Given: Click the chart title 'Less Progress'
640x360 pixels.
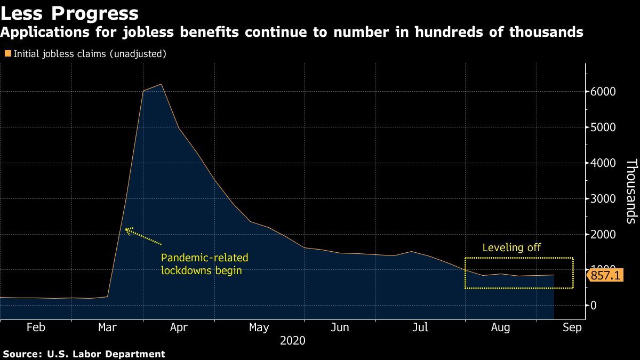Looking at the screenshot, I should click(69, 13).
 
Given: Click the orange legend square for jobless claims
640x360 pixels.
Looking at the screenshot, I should click(7, 53).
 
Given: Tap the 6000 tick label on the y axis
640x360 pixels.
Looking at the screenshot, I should click(603, 92).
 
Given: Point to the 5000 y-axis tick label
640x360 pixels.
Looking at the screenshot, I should click(603, 127).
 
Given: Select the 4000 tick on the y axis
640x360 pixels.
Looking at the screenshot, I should click(603, 163).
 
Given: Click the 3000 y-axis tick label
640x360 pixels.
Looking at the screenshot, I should click(603, 199).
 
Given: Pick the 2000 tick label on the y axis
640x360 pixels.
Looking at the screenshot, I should click(603, 235).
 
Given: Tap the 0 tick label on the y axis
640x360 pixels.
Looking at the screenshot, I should click(593, 306).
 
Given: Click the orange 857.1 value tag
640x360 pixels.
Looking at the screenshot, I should click(606, 276).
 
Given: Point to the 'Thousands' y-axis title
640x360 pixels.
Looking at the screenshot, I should click(631, 190).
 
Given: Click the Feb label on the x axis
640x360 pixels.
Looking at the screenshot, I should click(36, 327).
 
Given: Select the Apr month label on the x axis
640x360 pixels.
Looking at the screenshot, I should click(178, 327).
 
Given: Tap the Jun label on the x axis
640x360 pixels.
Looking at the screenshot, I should click(340, 327).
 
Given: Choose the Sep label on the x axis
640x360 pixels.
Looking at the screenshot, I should click(572, 327).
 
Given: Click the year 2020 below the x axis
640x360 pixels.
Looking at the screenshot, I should click(293, 340).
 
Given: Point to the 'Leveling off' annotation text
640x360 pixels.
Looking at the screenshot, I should click(511, 247).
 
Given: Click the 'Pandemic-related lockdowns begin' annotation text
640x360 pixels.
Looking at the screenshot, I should click(204, 264).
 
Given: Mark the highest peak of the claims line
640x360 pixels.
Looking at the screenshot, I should click(161, 84).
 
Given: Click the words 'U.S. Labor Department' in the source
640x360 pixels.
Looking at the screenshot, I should click(106, 354).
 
